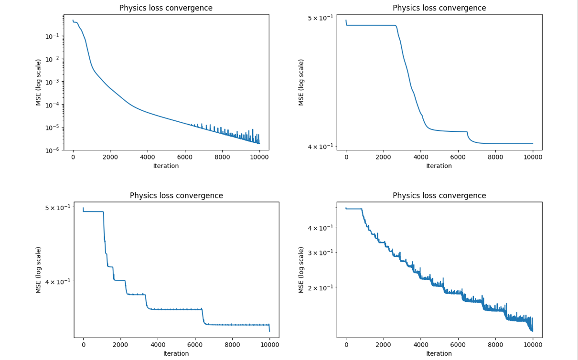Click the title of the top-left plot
click(166, 8)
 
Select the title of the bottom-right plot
click(439, 195)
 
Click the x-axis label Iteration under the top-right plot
click(439, 166)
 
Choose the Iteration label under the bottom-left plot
click(176, 354)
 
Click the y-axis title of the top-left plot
click(38, 82)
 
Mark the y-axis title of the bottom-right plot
click(301, 270)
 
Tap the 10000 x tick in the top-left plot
click(259, 158)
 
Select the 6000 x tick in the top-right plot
click(458, 158)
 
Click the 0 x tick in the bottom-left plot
click(83, 345)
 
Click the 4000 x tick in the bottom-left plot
click(158, 345)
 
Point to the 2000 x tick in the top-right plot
click(384, 158)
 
